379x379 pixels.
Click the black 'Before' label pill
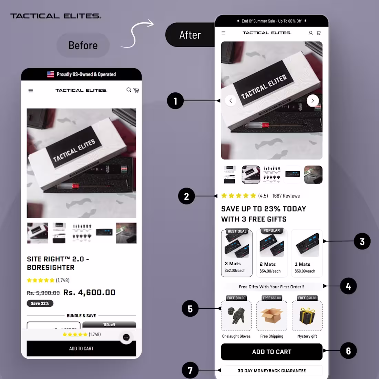[x=83, y=45]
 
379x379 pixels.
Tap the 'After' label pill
[x=190, y=35]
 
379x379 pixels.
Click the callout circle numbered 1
[x=175, y=101]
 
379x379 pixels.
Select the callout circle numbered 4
[x=348, y=286]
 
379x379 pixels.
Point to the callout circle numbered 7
[x=190, y=370]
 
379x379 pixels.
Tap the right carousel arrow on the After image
[x=313, y=101]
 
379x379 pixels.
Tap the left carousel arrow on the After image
[x=231, y=101]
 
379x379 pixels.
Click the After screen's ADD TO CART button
[x=272, y=352]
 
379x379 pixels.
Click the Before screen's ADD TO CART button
[x=81, y=348]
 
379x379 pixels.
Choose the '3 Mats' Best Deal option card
[x=237, y=253]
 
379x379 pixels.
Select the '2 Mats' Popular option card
[x=272, y=253]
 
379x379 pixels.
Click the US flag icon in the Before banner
[x=51, y=74]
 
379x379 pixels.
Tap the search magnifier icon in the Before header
[x=129, y=90]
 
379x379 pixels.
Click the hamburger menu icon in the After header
[x=223, y=33]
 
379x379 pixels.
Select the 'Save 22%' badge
[x=40, y=304]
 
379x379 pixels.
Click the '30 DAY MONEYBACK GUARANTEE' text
[x=272, y=371]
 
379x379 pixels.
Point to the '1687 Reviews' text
[x=286, y=196]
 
